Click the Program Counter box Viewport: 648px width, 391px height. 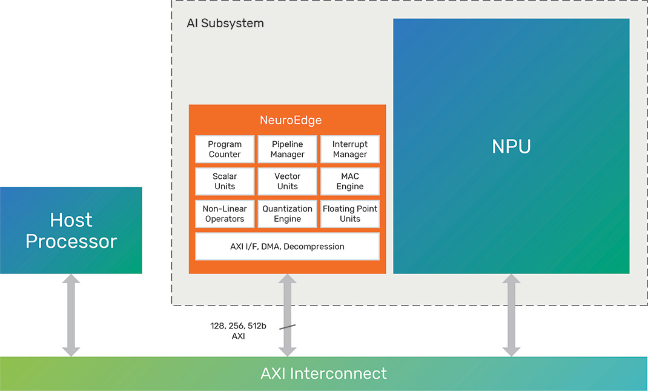click(x=225, y=149)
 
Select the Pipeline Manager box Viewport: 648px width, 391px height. click(x=287, y=149)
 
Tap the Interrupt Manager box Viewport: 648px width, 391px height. click(x=350, y=149)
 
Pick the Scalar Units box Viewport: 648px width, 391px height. click(x=225, y=181)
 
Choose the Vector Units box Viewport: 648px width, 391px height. click(x=287, y=181)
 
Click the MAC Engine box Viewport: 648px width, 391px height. click(x=350, y=181)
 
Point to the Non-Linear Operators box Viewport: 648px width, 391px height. click(x=225, y=213)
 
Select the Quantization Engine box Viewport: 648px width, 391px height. click(x=287, y=213)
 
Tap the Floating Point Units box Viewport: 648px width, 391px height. click(x=350, y=213)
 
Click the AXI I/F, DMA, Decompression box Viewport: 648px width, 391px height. click(x=287, y=246)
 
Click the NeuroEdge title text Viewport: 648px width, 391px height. click(x=287, y=120)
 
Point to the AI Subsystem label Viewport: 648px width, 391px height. click(x=225, y=24)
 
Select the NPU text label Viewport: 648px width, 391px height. click(x=511, y=147)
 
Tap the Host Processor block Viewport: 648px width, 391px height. click(x=71, y=230)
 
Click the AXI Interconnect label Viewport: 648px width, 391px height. click(x=323, y=373)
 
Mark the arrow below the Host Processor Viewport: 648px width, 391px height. click(x=71, y=315)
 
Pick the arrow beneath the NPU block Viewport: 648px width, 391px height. click(x=511, y=315)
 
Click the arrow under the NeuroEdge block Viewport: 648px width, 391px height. click(x=287, y=303)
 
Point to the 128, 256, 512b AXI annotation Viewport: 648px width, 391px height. click(x=230, y=330)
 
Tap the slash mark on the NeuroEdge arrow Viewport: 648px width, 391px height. click(x=287, y=327)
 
